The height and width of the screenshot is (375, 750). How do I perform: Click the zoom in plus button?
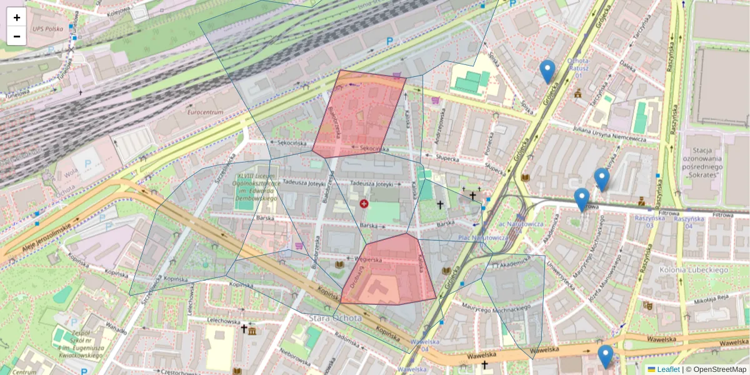click(x=17, y=17)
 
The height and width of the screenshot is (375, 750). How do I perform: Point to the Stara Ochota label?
click(x=335, y=318)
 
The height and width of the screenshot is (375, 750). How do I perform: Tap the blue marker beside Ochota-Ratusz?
click(x=547, y=71)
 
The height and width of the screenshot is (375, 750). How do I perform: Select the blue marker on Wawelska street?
click(x=605, y=356)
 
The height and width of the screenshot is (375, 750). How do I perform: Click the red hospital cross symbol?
click(x=364, y=204)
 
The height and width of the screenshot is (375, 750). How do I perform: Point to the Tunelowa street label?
click(x=17, y=94)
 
